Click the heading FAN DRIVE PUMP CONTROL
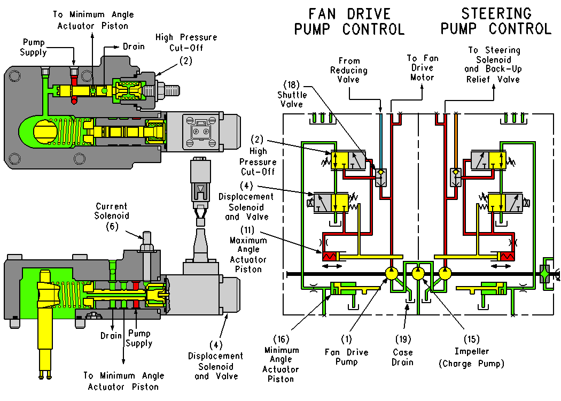tap(349, 21)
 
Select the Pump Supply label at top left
tap(34, 47)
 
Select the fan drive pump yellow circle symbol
tap(392, 274)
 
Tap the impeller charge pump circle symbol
tap(418, 274)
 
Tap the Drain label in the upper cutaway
tap(133, 47)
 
